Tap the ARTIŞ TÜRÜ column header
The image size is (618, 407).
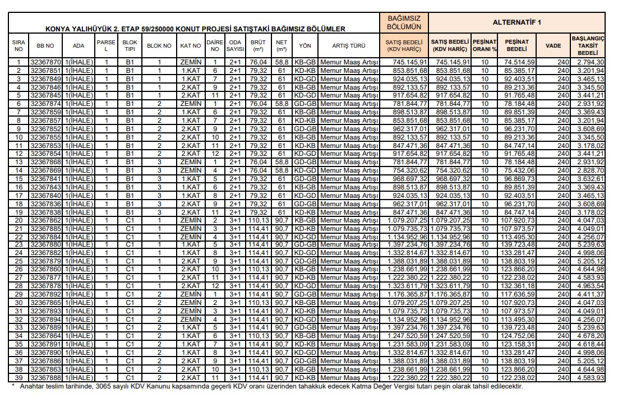[x=349, y=45]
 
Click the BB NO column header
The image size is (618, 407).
[x=45, y=45]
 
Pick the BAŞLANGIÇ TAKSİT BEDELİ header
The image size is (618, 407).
[x=588, y=45]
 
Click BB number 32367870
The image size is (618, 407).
[x=45, y=62]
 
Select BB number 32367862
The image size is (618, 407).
[x=45, y=221]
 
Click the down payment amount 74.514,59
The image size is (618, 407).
[x=517, y=62]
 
